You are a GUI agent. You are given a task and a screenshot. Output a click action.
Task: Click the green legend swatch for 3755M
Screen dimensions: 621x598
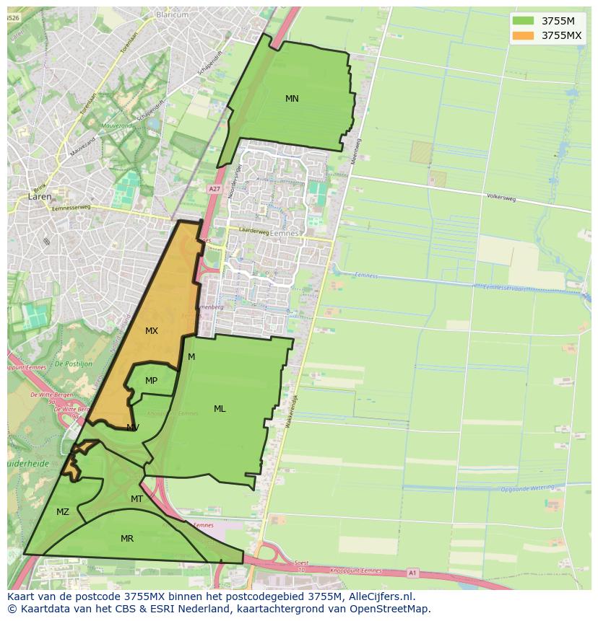523,21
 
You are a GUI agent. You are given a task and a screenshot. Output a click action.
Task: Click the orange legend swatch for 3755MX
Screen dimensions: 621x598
523,35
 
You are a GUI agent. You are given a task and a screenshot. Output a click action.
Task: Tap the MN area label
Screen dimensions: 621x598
292,99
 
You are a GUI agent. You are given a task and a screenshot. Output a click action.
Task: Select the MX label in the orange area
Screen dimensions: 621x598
152,331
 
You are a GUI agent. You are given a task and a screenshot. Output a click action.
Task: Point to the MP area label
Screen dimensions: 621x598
151,381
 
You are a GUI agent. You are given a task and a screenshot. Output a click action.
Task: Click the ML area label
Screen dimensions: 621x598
220,409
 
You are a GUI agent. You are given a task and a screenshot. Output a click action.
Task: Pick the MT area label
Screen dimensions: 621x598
136,499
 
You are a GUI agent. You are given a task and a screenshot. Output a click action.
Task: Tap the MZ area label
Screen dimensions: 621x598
63,512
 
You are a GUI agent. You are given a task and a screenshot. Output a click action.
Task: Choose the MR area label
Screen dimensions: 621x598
127,539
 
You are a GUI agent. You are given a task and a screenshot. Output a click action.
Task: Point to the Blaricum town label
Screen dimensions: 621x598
171,14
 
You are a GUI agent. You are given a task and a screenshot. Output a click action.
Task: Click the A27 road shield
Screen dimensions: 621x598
214,189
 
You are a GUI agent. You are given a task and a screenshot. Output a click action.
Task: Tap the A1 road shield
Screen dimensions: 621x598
412,573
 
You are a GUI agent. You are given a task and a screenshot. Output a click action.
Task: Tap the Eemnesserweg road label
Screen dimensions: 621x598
71,208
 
